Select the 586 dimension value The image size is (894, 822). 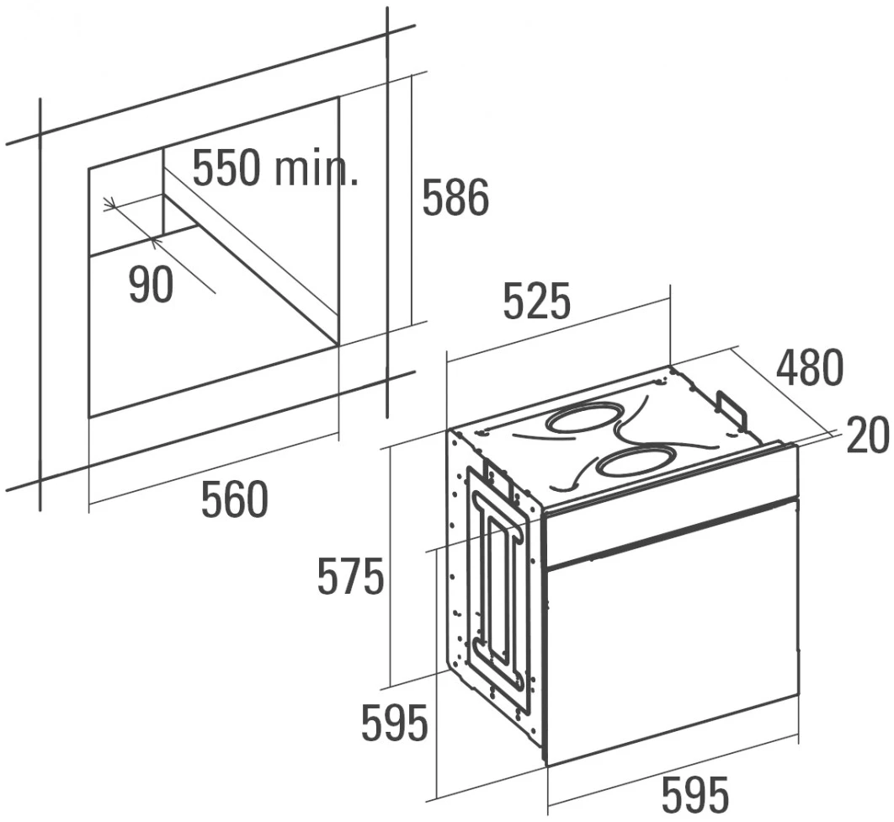tap(455, 198)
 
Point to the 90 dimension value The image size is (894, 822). tap(151, 285)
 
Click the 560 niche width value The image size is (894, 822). tap(234, 499)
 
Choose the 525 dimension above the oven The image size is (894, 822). tap(536, 302)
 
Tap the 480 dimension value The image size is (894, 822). tap(808, 368)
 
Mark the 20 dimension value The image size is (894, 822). tap(867, 436)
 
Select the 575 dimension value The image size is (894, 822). tap(350, 577)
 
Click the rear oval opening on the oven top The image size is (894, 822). tap(586, 419)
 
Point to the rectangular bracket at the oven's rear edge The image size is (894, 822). tap(731, 410)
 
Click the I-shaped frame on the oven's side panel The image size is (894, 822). tap(498, 590)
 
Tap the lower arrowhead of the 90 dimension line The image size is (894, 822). tap(154, 243)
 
